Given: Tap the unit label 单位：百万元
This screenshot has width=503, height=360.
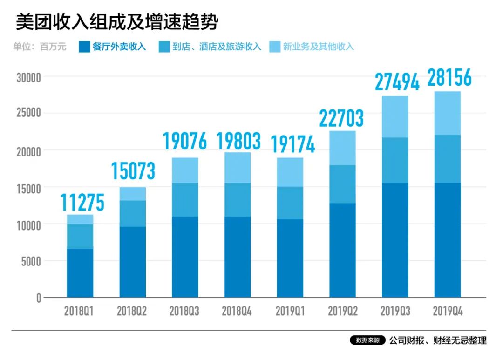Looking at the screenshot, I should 40,47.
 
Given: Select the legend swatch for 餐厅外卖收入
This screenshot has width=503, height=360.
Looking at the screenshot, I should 84,47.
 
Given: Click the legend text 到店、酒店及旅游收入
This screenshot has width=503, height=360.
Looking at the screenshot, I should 217,47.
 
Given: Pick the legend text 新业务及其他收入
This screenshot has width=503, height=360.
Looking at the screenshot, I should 319,47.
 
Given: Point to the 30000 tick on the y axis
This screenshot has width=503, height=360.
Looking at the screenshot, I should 29,77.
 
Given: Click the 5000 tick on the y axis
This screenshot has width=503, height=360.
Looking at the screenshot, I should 31,261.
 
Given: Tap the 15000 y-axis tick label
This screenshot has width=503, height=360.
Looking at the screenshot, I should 29,188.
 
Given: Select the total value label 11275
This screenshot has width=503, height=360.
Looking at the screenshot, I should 82,203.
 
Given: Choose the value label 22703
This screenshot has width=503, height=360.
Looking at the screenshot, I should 341,118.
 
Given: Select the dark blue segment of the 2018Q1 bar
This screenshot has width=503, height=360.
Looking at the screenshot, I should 80,273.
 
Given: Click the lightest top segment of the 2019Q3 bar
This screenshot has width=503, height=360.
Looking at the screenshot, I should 395,116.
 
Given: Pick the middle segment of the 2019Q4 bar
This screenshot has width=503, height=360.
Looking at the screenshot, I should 447,159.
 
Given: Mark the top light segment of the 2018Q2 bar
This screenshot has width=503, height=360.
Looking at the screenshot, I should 133,194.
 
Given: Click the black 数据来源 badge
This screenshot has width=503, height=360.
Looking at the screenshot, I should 367,340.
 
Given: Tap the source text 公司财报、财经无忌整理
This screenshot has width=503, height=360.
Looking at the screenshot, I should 438,340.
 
